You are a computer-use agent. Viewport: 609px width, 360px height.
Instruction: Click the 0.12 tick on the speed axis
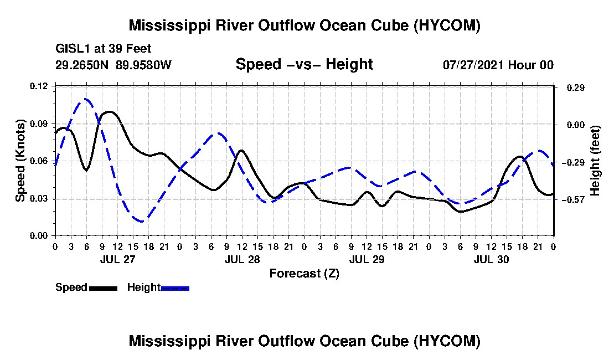38,86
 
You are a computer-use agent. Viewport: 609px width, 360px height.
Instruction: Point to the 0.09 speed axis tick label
38,124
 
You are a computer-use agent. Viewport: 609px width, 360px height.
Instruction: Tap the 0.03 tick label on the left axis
38,198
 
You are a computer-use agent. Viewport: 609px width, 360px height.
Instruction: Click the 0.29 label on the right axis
576,88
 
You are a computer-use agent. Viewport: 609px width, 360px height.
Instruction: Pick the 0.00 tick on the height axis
576,125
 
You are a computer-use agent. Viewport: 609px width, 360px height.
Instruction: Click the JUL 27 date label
118,259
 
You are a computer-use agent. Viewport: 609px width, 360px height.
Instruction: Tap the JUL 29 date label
367,259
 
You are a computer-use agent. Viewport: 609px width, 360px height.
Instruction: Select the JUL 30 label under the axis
491,259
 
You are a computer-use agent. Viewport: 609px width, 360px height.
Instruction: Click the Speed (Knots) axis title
20,161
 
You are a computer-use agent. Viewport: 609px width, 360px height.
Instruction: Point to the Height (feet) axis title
595,161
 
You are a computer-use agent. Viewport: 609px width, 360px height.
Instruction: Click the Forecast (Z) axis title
304,274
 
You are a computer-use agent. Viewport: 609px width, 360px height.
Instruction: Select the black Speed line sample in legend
103,288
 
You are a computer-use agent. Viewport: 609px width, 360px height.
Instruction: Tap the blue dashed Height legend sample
175,288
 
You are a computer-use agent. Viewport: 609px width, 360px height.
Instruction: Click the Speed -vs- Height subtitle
304,64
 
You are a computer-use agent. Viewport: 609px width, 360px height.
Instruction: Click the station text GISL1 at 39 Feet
104,49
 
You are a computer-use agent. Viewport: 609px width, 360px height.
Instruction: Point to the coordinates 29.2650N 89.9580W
113,64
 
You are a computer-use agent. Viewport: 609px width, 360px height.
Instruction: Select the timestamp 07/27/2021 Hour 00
498,65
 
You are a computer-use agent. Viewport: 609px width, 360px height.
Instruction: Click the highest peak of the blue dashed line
85,99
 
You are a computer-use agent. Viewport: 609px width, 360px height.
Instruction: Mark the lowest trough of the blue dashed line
141,222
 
